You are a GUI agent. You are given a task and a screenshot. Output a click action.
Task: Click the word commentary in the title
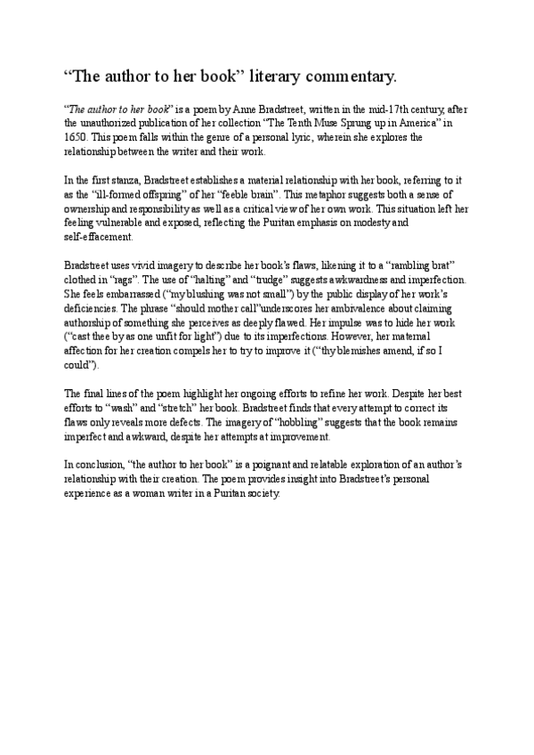[342, 78]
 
